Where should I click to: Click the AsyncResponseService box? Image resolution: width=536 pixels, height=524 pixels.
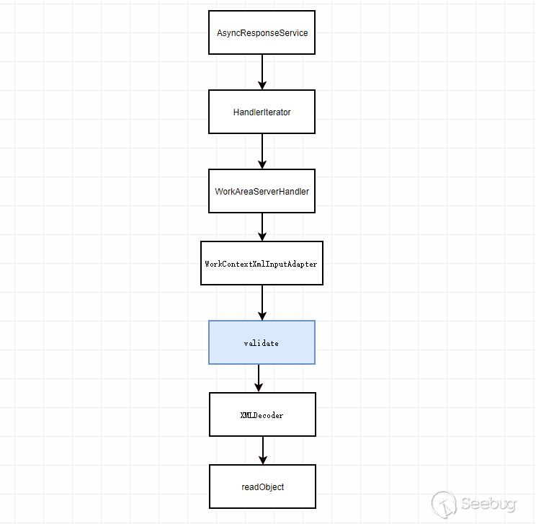tap(262, 32)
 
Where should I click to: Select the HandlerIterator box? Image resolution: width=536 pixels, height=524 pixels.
tap(262, 112)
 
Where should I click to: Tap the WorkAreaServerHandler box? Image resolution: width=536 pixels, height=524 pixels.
tap(262, 191)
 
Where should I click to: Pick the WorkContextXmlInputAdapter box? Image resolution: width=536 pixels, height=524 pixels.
tap(262, 263)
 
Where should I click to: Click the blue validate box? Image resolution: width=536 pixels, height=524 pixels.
tap(262, 342)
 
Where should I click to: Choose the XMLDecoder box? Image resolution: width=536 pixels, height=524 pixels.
tap(262, 414)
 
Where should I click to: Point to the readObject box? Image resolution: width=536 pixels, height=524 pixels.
tap(262, 487)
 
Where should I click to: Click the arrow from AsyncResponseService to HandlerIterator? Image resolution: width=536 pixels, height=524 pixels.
tap(262, 71)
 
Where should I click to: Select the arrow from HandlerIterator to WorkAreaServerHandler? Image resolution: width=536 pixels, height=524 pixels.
tap(262, 150)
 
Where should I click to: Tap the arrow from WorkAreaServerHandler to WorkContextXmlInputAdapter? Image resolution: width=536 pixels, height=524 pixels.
tap(262, 226)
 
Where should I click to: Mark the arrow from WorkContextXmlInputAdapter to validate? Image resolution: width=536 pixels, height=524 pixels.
tap(262, 301)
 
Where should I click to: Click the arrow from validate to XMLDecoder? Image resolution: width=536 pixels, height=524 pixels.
tap(259, 377)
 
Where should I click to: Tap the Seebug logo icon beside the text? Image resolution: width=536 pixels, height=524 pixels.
tap(445, 503)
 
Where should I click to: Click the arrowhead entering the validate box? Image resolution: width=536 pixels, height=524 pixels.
tap(262, 316)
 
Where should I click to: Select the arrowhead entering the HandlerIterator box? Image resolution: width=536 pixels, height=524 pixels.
tap(262, 85)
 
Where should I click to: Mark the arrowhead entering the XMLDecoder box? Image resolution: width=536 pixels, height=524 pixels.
tap(259, 388)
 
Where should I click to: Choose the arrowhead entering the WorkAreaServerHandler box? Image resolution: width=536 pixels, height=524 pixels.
tap(262, 164)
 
